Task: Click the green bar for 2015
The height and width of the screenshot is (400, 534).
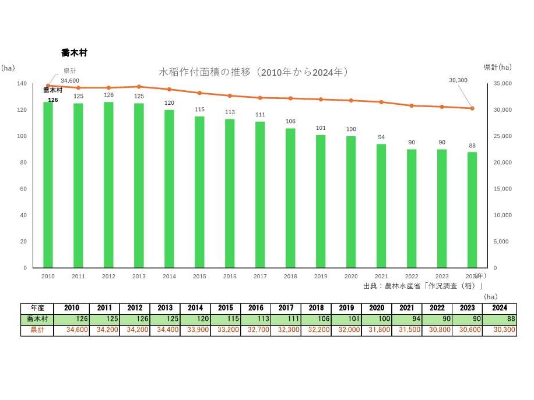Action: click(199, 192)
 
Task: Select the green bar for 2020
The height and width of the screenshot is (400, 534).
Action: click(351, 202)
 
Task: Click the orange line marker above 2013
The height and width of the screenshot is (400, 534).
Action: click(139, 87)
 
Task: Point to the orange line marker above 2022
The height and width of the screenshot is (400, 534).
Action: click(412, 105)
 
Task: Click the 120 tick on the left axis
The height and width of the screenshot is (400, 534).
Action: click(22, 110)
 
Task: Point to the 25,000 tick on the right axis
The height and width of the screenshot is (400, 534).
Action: click(503, 136)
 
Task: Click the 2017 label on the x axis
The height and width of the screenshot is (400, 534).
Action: click(260, 277)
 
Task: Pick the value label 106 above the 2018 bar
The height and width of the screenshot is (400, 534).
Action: click(290, 122)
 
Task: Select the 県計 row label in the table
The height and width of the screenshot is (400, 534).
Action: click(37, 330)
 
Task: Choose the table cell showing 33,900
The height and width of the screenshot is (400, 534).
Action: click(195, 330)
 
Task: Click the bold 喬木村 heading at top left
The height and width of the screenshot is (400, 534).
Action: click(74, 52)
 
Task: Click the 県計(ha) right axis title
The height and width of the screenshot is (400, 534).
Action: click(498, 68)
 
